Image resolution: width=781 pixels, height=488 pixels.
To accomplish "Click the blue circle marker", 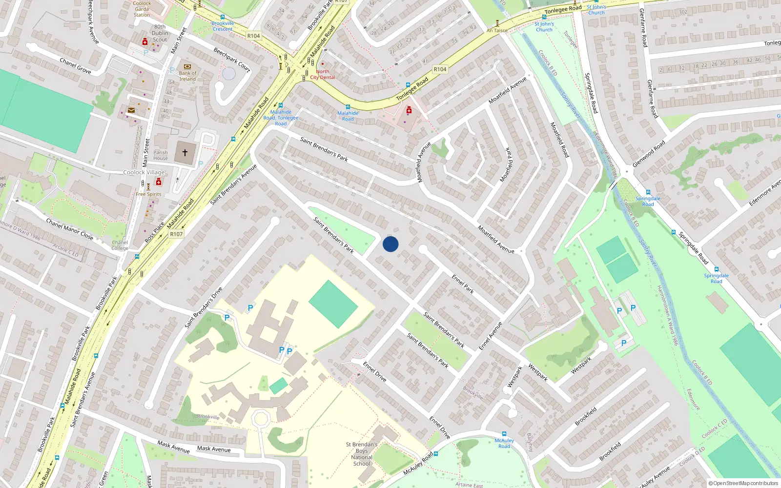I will (390, 244).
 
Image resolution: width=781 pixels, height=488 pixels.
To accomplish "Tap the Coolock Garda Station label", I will (142, 9).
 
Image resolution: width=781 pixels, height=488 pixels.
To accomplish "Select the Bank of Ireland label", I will (187, 76).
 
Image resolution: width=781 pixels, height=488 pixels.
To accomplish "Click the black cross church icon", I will (185, 153).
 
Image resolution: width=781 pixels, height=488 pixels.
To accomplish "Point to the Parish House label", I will (161, 155).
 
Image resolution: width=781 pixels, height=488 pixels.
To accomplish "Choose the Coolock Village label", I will (144, 172).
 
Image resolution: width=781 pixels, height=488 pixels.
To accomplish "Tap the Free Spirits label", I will (148, 194).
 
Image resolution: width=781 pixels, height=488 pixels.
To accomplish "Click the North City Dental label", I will (323, 74).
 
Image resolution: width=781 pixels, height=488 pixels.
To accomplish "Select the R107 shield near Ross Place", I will (176, 234).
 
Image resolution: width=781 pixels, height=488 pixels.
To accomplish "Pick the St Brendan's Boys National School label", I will (362, 454).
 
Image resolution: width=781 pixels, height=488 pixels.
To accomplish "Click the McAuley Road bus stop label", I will (504, 443).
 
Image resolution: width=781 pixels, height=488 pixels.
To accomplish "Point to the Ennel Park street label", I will (463, 284).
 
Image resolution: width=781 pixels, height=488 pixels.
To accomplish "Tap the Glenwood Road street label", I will (648, 154).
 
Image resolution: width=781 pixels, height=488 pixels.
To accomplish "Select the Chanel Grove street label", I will (75, 65).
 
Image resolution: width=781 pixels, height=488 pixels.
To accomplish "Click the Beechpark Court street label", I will (232, 60).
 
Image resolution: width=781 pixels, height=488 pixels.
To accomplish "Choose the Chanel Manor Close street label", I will (69, 229).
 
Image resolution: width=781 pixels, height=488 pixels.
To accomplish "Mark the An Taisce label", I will (497, 30).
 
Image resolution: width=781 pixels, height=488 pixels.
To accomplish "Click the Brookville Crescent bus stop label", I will (223, 26).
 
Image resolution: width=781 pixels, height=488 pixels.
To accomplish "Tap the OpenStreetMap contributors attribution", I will (743, 483).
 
